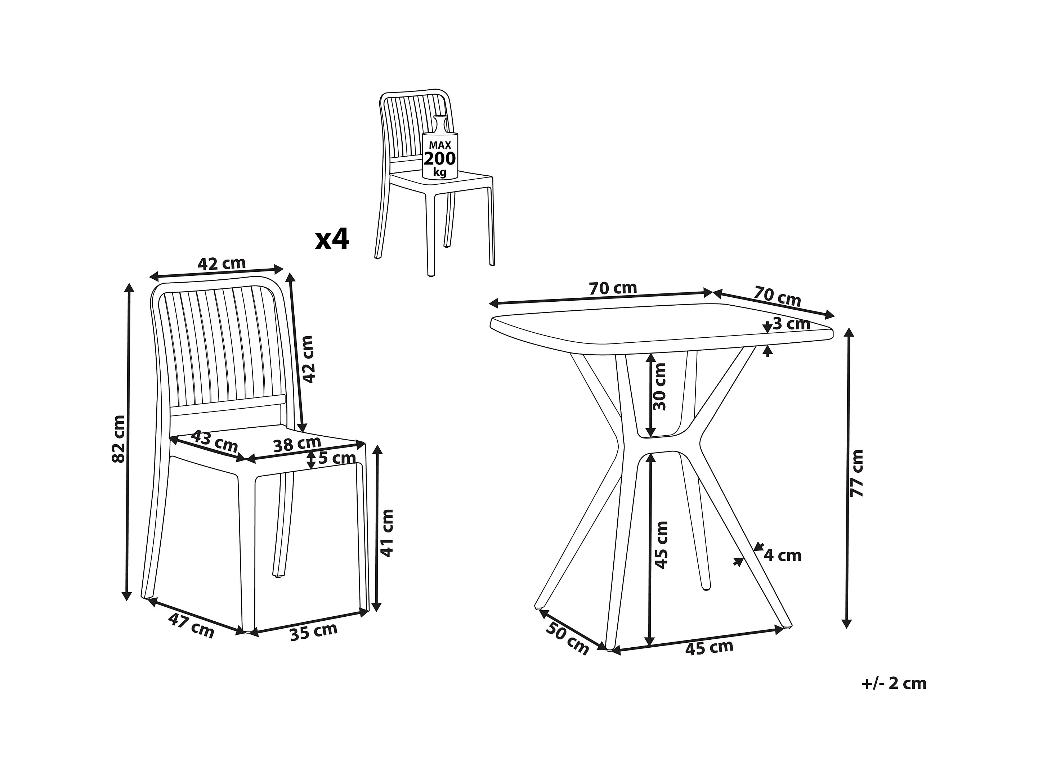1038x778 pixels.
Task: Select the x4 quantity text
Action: pyautogui.click(x=332, y=240)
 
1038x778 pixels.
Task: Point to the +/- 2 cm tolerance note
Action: pyautogui.click(x=894, y=683)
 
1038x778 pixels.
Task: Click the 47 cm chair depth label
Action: pyautogui.click(x=191, y=626)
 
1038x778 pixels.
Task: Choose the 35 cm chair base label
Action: pyautogui.click(x=313, y=632)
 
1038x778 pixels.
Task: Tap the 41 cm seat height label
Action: pyautogui.click(x=387, y=533)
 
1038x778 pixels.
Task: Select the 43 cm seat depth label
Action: pyautogui.click(x=214, y=441)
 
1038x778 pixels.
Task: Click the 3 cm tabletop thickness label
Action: pyautogui.click(x=791, y=324)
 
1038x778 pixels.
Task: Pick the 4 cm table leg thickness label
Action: pyautogui.click(x=782, y=555)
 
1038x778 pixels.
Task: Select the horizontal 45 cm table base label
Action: pyautogui.click(x=709, y=648)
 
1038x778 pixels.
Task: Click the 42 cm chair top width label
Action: pyautogui.click(x=222, y=264)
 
